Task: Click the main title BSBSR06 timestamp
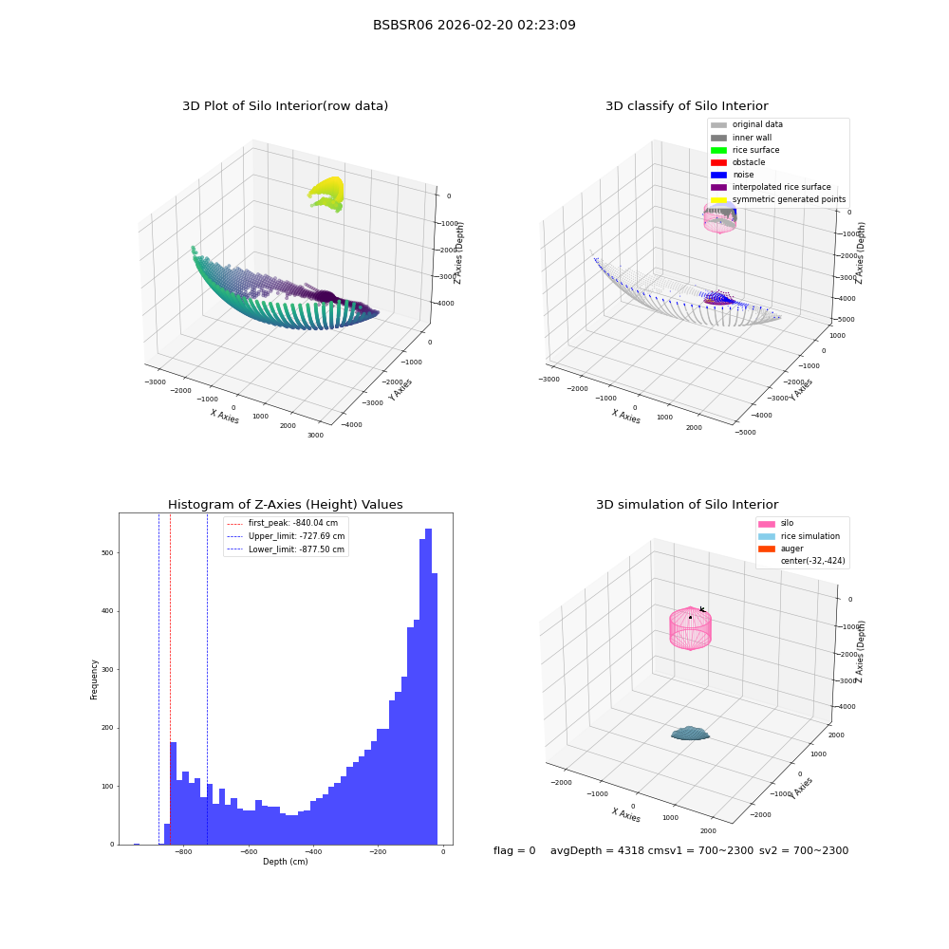[x=474, y=25]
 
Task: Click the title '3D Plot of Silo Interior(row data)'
[x=285, y=106]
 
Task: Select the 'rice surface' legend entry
[x=745, y=150]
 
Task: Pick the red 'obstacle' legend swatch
[x=718, y=162]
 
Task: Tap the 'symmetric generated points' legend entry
[x=778, y=199]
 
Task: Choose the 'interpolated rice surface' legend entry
[x=771, y=187]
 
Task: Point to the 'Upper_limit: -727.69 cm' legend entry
[x=286, y=536]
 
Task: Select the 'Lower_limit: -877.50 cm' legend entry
[x=286, y=549]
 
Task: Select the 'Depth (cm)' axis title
[x=286, y=862]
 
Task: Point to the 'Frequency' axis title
[x=94, y=679]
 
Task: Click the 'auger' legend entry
[x=781, y=549]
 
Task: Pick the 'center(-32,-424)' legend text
[x=813, y=561]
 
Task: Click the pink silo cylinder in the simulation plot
[x=691, y=628]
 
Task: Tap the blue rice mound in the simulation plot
[x=691, y=734]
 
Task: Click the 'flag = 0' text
[x=514, y=850]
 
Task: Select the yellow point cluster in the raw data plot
[x=327, y=193]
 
